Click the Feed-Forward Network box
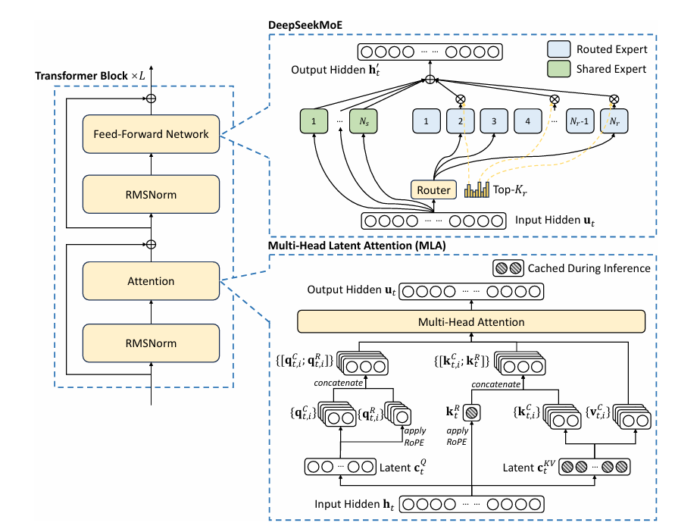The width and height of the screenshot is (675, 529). coord(152,134)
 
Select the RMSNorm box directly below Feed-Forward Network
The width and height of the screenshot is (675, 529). coord(152,195)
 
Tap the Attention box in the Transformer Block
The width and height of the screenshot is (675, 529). coord(152,281)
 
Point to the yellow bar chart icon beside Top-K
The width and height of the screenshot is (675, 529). coord(477,189)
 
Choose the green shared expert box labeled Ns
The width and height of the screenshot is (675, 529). coord(362,121)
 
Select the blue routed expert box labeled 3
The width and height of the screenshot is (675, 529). coord(493,121)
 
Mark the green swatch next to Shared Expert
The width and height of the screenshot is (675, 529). coord(558,69)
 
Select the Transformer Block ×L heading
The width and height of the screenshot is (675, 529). coord(100,77)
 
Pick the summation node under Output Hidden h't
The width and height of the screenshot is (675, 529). coord(430,80)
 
